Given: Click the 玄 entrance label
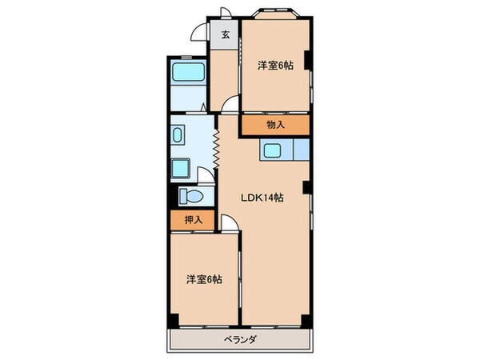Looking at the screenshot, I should click(x=226, y=34).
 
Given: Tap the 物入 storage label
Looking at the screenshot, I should click(x=275, y=124).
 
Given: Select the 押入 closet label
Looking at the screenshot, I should click(x=193, y=219).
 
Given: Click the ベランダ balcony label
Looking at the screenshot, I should click(x=239, y=339).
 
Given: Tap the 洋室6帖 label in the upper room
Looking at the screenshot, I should click(x=275, y=66).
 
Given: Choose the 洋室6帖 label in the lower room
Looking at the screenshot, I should click(x=205, y=279).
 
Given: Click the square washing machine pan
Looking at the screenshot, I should click(x=181, y=169).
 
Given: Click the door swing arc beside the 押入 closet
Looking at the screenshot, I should click(x=230, y=223).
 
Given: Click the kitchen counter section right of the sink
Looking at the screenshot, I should click(x=301, y=149).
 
